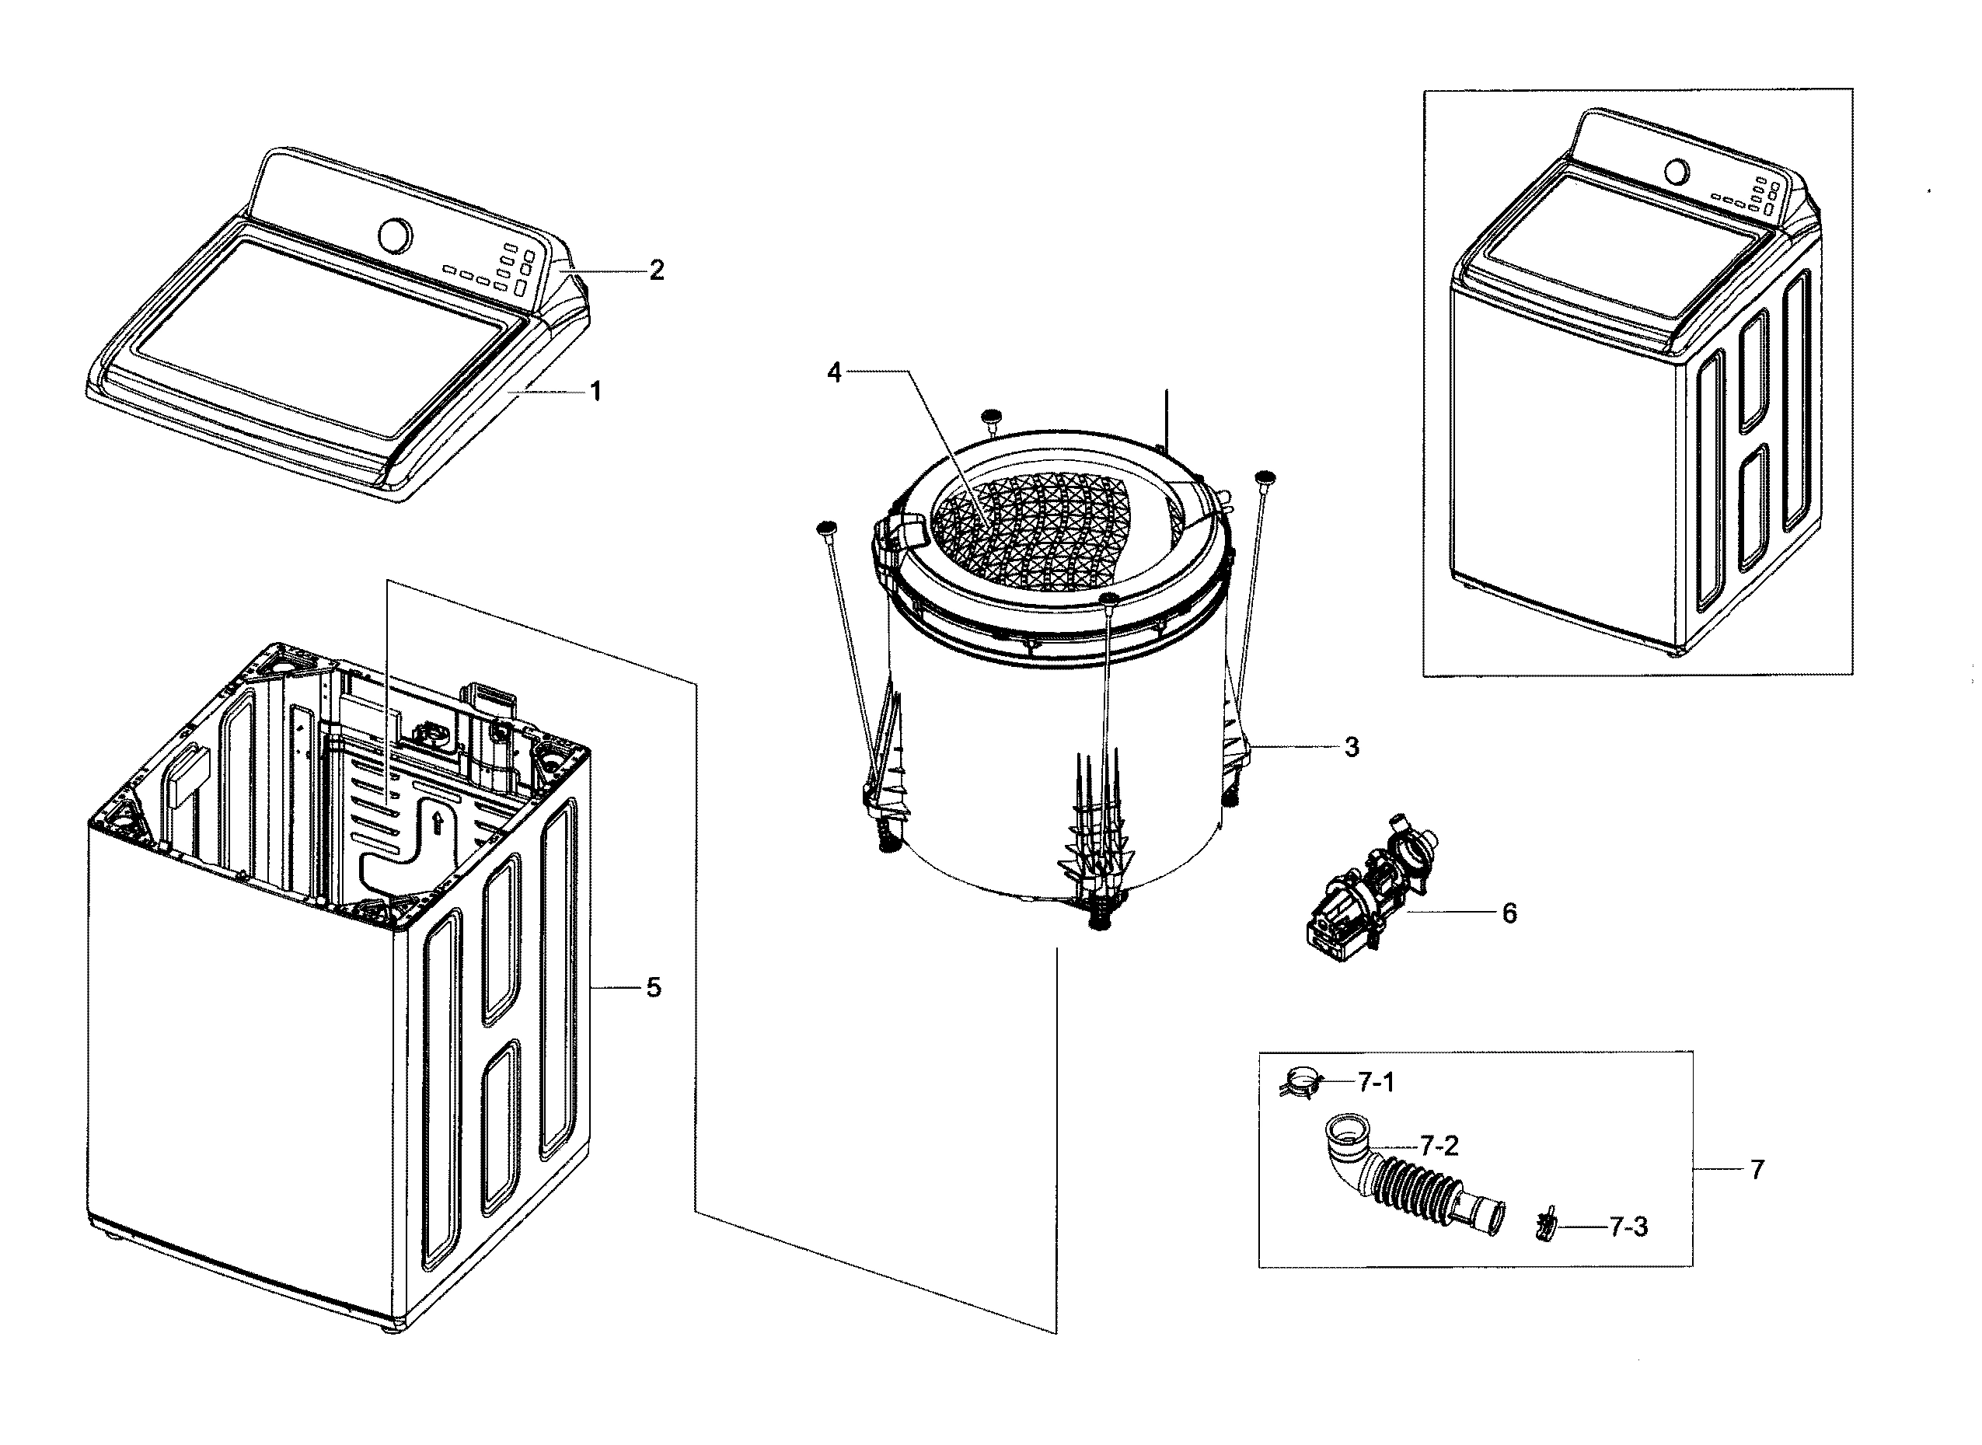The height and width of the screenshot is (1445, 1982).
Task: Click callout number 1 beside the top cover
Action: pos(595,392)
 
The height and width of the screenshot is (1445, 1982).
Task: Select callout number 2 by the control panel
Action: pos(656,271)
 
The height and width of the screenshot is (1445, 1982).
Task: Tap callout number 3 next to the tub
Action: pos(1352,748)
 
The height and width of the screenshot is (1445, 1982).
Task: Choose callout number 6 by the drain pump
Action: pos(1509,913)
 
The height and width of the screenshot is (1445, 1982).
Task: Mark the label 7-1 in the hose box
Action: pos(1376,1083)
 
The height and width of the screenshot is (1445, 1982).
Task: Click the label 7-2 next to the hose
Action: pos(1439,1146)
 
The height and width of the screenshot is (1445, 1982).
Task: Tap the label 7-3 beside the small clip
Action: pos(1628,1227)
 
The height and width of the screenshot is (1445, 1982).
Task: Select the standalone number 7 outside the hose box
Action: pos(1757,1170)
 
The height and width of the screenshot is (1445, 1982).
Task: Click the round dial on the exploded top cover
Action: pos(395,235)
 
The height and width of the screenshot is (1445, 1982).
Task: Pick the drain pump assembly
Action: pos(1365,901)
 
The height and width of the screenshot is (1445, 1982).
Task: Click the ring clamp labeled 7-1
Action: pos(1300,1084)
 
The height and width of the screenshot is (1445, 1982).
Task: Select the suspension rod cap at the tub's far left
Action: pos(825,528)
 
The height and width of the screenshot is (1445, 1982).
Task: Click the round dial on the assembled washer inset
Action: pos(1675,170)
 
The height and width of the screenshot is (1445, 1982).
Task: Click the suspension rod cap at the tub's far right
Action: pos(1265,476)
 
